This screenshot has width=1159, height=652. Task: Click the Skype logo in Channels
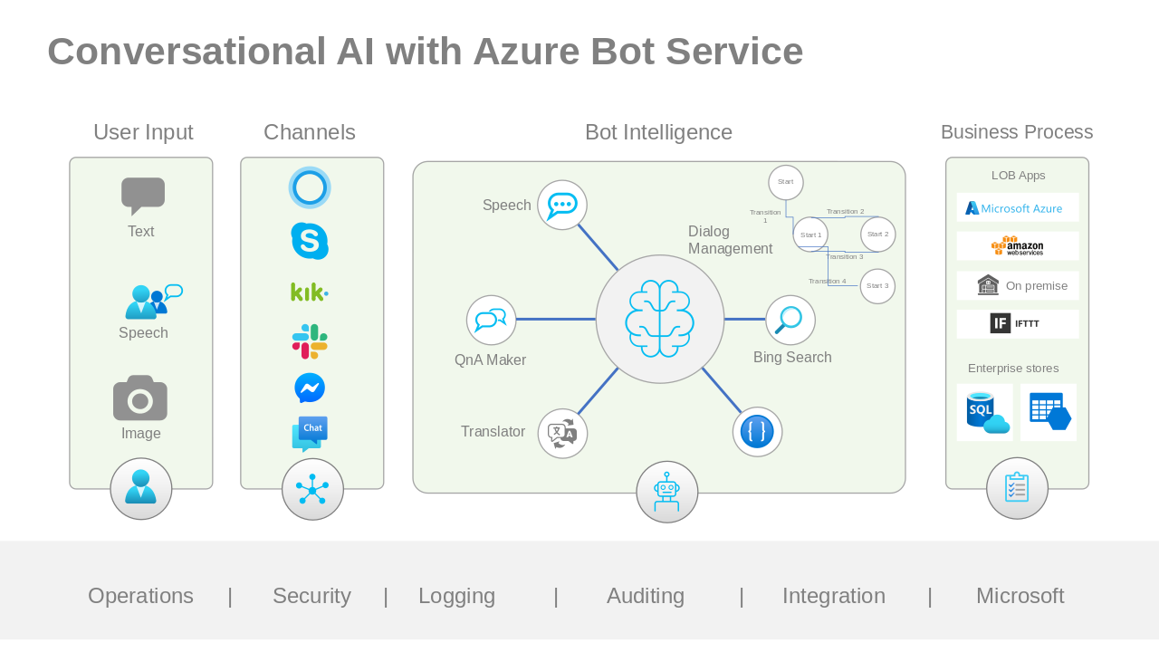310,241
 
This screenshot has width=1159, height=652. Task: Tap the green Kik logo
310,292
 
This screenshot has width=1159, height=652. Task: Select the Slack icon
310,341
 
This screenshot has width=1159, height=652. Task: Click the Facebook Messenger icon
310,388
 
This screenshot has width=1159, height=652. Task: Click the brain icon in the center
660,319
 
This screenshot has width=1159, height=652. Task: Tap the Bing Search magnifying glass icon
790,321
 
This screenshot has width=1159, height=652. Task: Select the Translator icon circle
562,434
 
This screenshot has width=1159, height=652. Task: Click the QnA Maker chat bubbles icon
491,321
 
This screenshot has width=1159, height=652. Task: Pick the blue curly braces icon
757,432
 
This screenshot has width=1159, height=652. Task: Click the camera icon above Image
140,398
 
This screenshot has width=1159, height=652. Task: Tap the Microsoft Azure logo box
1018,207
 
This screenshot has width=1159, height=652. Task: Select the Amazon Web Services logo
1017,246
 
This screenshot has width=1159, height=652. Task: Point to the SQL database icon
987,413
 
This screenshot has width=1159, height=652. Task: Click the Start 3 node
877,286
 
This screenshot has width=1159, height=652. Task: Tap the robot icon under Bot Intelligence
666,492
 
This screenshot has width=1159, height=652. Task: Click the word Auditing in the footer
646,596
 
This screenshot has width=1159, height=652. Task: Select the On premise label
1037,286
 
